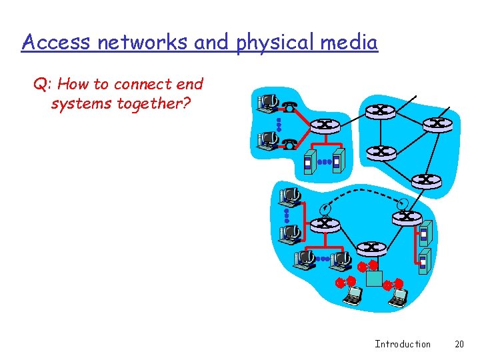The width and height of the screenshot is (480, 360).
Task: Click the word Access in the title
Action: pos(57,43)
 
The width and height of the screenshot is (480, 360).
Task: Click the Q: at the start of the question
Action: pos(41,85)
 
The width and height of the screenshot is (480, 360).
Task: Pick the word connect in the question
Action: pos(139,85)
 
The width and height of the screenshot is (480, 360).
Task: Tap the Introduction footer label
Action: pos(403,344)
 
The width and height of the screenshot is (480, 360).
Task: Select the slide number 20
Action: pos(459,344)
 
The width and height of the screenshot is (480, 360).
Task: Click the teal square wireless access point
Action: pos(374,278)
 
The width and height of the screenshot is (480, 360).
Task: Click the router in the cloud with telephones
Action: pos(325,125)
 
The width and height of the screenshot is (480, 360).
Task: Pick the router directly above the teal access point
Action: pos(371,249)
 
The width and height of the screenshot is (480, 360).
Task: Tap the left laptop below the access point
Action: pos(352,295)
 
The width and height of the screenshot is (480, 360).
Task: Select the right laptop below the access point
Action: pos(398,297)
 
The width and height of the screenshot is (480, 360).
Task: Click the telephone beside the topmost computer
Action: pos(289,107)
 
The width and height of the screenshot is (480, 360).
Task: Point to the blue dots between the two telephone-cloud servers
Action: pos(325,161)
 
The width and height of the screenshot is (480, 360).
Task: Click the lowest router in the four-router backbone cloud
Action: pos(426,179)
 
